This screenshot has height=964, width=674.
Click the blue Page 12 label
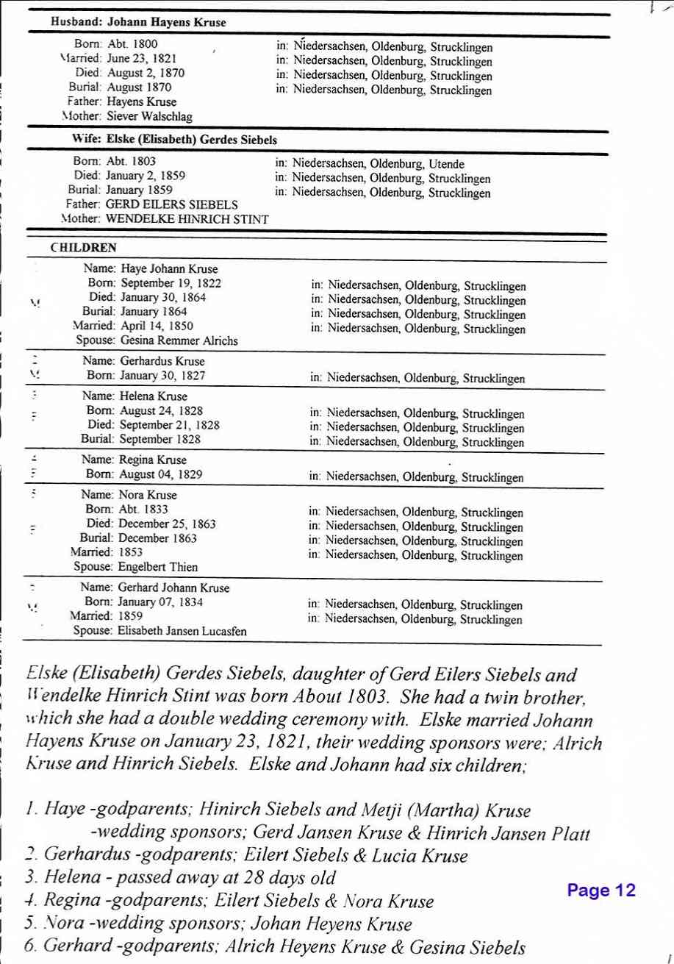tap(600, 890)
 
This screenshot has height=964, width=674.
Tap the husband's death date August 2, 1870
tap(146, 73)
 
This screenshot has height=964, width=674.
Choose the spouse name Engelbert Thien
tap(151, 566)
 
